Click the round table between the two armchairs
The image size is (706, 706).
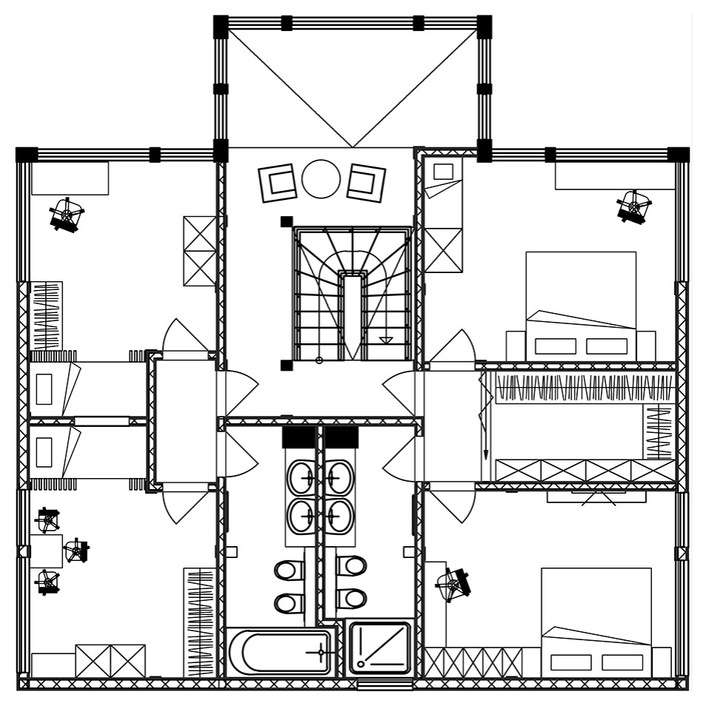point(321,179)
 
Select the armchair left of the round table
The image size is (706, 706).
point(279,182)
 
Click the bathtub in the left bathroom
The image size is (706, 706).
point(279,651)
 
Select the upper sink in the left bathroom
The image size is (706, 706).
point(301,477)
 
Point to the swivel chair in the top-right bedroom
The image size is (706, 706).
point(633,206)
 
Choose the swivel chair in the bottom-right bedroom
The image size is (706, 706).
point(453,585)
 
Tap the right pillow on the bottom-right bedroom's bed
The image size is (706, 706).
point(622,662)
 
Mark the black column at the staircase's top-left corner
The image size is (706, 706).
point(286,221)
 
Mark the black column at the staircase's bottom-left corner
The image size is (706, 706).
point(286,365)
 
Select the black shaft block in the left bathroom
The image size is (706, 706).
point(298,437)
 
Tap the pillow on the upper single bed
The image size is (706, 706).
point(44,389)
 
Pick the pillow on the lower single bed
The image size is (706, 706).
point(44,452)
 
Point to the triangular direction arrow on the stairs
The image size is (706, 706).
point(385,340)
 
